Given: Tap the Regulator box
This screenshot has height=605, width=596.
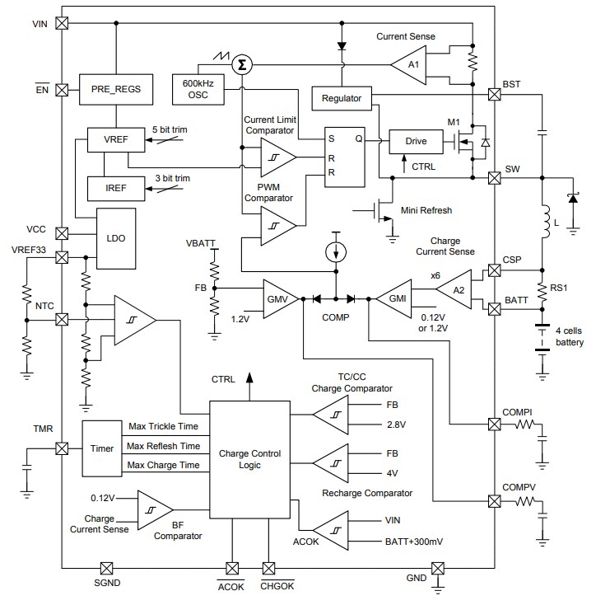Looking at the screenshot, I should point(342,98).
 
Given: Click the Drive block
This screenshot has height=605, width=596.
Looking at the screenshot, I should point(416,141).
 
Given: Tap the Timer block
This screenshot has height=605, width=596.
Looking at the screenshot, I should point(102,448).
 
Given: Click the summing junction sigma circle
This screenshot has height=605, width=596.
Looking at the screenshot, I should point(241,64).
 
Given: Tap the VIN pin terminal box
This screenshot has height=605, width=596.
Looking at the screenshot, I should point(61,24).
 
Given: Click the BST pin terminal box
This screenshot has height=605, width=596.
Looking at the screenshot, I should point(494,95).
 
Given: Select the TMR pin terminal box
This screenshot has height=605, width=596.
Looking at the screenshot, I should point(61,448).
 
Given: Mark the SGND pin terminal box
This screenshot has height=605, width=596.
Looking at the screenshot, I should point(106,568).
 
